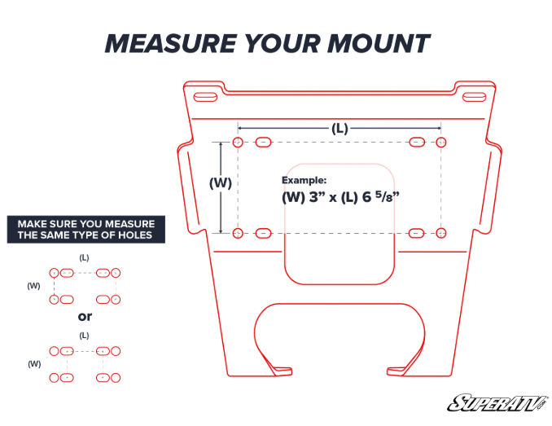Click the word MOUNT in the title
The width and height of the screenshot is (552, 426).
tap(380, 44)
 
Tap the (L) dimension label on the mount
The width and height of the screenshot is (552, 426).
tap(340, 129)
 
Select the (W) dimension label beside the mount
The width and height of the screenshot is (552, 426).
tap(221, 183)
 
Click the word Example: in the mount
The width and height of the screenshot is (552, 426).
tap(304, 179)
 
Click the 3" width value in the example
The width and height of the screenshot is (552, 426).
tap(314, 196)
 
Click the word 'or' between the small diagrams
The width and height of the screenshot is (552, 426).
tap(85, 316)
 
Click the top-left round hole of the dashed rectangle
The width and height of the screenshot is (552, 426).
tap(237, 143)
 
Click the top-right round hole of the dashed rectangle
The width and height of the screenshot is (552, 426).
tap(441, 143)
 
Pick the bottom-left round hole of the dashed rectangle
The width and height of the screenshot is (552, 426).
tap(237, 234)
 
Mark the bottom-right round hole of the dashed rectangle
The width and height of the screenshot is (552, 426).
tap(441, 234)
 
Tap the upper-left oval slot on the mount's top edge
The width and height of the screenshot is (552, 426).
tap(204, 97)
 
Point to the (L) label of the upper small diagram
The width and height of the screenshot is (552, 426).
tap(84, 257)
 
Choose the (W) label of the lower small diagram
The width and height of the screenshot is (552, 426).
tap(33, 363)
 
